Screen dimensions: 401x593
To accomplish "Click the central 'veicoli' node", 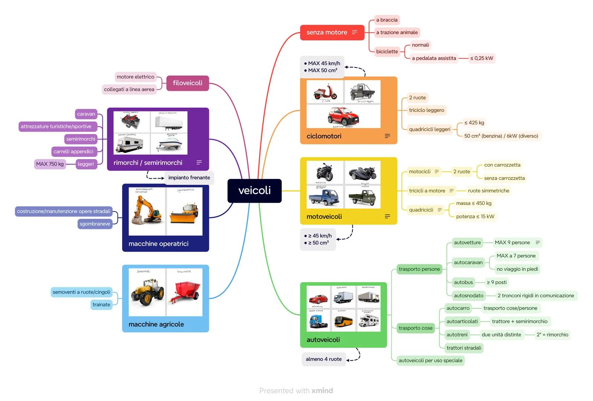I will pyautogui.click(x=254, y=190).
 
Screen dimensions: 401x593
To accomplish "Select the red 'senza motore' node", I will pyautogui.click(x=327, y=33).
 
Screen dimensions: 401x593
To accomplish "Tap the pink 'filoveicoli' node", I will pyautogui.click(x=188, y=83).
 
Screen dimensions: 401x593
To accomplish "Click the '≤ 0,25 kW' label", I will pyautogui.click(x=482, y=58).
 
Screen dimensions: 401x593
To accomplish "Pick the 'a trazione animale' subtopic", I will pyautogui.click(x=397, y=33).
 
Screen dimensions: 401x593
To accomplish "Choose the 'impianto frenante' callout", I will pyautogui.click(x=189, y=178).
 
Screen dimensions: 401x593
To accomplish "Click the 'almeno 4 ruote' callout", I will pyautogui.click(x=323, y=359).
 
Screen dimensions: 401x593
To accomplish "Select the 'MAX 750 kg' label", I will pyautogui.click(x=50, y=164).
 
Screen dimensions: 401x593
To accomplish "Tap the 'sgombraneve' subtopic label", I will pyautogui.click(x=95, y=224).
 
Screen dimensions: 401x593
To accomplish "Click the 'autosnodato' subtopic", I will pyautogui.click(x=468, y=296).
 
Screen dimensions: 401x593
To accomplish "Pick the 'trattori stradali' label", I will pyautogui.click(x=464, y=348).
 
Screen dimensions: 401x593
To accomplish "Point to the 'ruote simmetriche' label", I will pyautogui.click(x=488, y=191).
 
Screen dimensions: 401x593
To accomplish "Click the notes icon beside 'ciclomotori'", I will pyautogui.click(x=387, y=136).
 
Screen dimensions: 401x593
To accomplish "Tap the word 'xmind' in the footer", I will pyautogui.click(x=322, y=391).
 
